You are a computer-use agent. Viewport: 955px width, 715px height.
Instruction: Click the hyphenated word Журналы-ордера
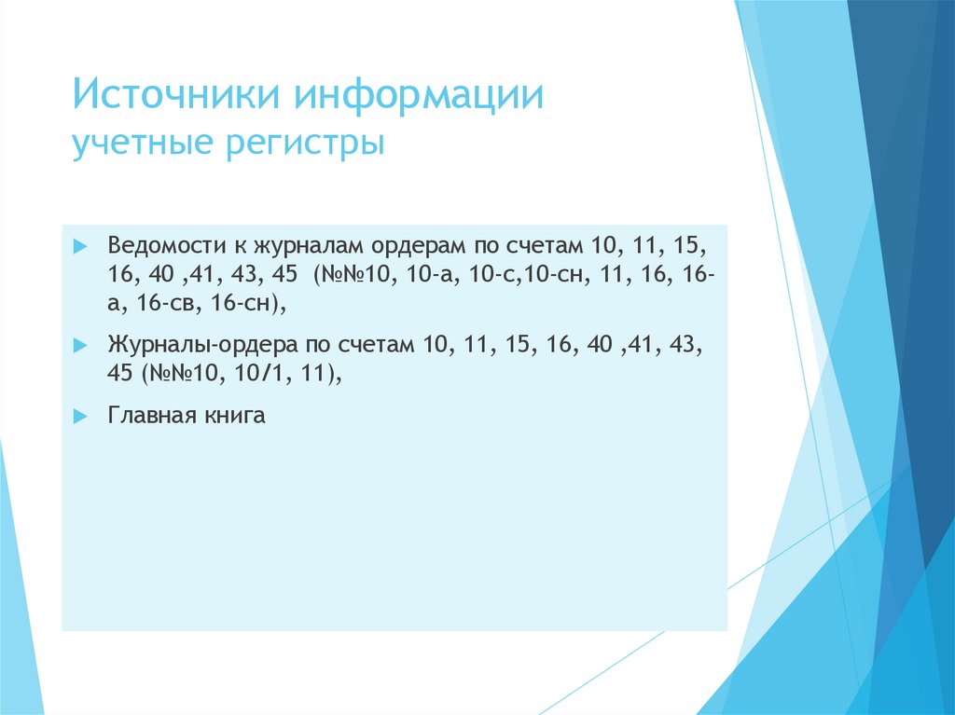click(201, 345)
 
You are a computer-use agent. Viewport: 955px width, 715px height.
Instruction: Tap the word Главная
click(148, 415)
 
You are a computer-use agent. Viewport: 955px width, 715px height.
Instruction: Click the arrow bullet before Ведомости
click(80, 247)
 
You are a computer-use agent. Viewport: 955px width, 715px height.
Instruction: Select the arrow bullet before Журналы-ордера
click(80, 346)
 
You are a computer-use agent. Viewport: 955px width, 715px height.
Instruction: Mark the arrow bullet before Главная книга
click(80, 416)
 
